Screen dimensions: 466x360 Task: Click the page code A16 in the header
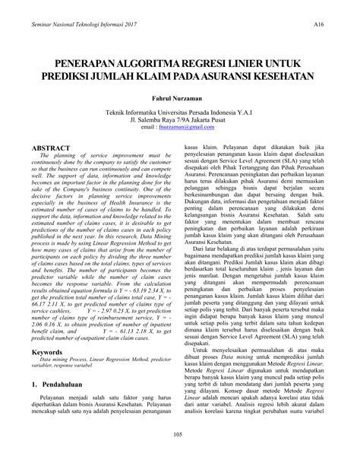(320, 25)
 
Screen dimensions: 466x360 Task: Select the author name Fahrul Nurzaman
(180, 97)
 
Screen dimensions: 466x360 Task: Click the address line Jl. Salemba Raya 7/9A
(180, 119)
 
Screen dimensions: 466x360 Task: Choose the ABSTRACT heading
(57, 148)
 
